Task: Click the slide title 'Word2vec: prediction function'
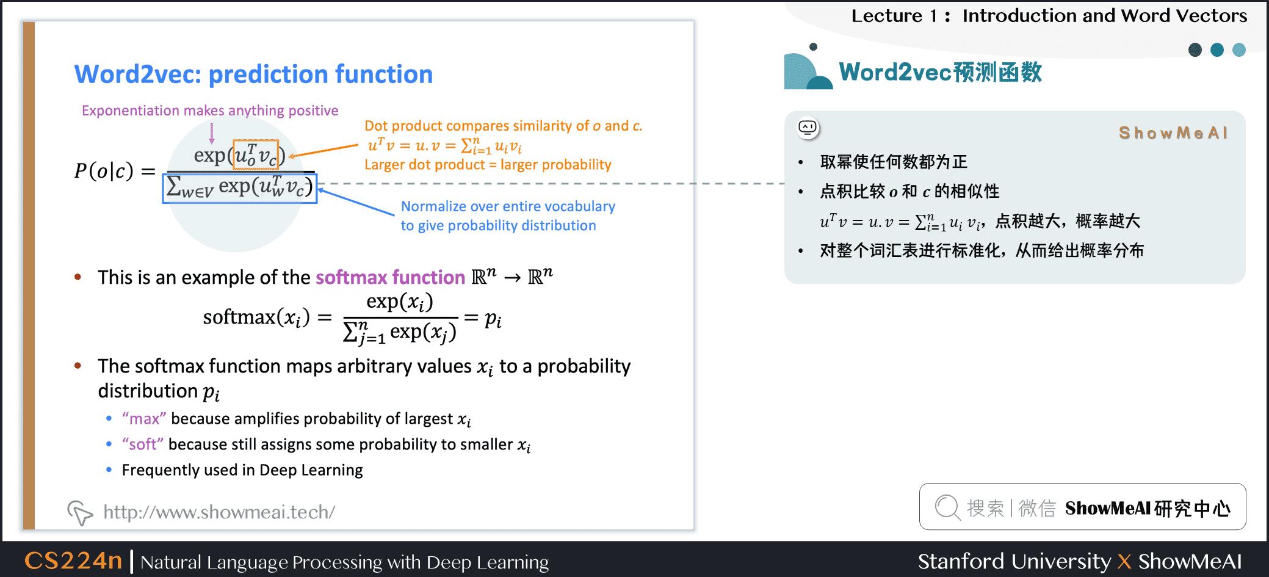[x=253, y=74]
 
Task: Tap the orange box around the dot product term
[x=256, y=154]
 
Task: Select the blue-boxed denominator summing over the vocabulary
[x=240, y=188]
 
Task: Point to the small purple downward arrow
[x=212, y=132]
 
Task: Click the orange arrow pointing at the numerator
[x=324, y=150]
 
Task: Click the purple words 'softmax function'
[x=390, y=278]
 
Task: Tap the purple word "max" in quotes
[x=144, y=419]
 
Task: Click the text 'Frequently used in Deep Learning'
[x=242, y=470]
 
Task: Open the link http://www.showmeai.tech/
[x=219, y=512]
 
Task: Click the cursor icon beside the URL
[x=80, y=512]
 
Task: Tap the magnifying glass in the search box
[x=947, y=507]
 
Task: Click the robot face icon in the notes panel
[x=808, y=128]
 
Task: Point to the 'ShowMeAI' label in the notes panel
[x=1173, y=133]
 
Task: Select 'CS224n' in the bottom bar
[x=73, y=561]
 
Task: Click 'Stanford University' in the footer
[x=1014, y=561]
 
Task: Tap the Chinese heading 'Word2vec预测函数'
[x=940, y=72]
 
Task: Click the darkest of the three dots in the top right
[x=1195, y=50]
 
